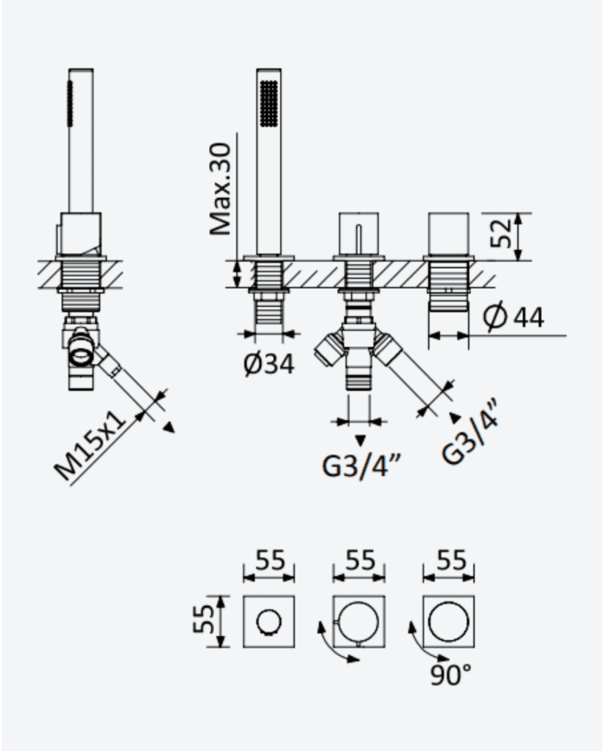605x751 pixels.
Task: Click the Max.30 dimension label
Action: pyautogui.click(x=221, y=189)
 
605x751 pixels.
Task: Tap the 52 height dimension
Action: pyautogui.click(x=501, y=233)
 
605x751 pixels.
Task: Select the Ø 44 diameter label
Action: pyautogui.click(x=513, y=316)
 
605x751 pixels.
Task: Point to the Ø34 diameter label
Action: pyautogui.click(x=269, y=364)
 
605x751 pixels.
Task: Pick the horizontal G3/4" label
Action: pyautogui.click(x=360, y=467)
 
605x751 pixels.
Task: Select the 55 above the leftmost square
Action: pyautogui.click(x=270, y=559)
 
